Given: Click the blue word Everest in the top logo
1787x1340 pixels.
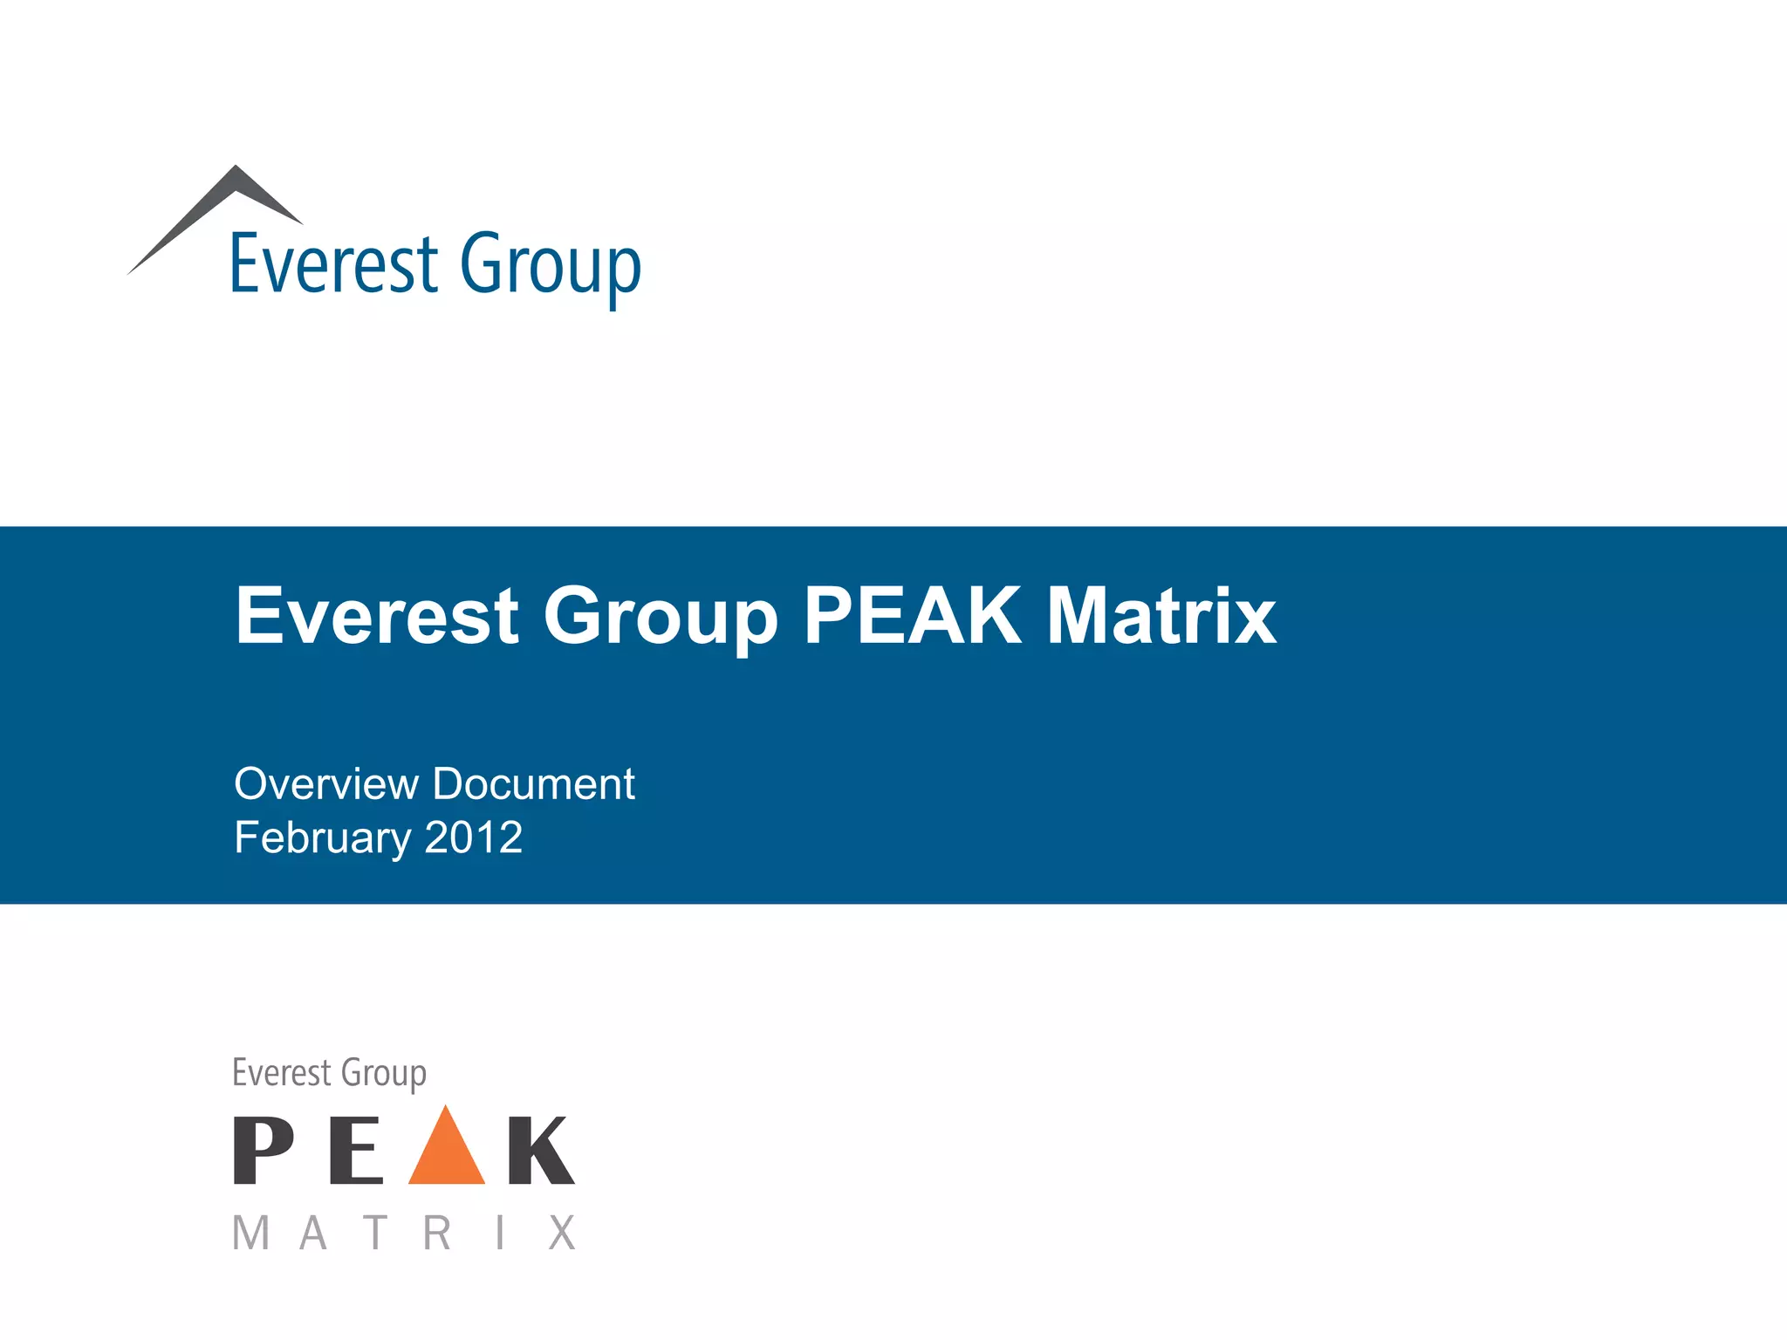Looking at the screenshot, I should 334,263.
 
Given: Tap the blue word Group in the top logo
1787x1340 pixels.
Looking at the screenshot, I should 551,265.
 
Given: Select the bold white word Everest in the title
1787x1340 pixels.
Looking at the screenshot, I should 377,616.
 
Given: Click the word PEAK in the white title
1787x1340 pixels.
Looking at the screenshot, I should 913,616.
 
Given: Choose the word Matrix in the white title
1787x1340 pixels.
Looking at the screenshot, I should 1161,616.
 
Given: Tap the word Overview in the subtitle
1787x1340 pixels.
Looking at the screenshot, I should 326,783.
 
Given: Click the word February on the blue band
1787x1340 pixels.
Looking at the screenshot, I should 322,838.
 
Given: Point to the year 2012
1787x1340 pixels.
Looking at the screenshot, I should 474,837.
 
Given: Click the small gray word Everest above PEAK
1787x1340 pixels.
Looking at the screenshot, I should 282,1072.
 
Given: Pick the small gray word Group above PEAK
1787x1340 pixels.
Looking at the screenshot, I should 384,1074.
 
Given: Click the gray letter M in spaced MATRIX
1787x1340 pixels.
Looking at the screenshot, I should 250,1234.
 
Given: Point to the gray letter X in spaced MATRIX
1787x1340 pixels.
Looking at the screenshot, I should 562,1234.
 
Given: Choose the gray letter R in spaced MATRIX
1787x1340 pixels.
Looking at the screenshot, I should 437,1234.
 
